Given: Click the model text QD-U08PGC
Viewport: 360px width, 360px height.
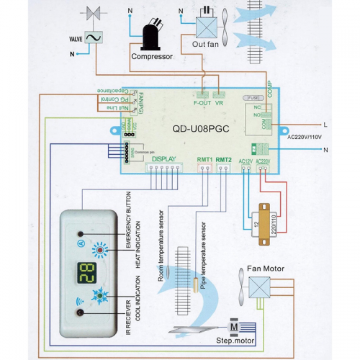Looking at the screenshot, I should point(201,129).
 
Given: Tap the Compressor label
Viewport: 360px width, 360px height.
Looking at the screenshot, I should point(152,57).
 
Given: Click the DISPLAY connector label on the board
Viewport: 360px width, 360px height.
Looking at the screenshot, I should point(164,159).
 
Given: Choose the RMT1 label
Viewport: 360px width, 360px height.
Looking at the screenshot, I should point(205,159).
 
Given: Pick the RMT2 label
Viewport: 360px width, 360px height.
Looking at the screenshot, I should point(224,159).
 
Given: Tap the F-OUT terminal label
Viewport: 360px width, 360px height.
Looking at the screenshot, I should point(202,103).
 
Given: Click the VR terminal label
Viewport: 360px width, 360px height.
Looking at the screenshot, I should point(220,103).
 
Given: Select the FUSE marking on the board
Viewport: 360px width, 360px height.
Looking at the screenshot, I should point(250,97).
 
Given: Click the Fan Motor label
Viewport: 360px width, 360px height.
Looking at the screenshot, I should point(265,269).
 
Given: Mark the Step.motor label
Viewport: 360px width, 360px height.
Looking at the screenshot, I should point(235,341).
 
